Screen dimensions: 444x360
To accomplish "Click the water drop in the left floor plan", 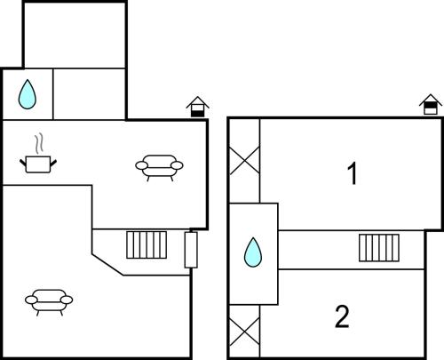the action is pos(28,94).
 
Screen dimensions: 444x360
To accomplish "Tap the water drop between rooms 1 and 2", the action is pos(253,252).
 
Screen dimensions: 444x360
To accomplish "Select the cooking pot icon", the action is pos(38,164).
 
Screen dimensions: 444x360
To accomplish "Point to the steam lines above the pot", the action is pos(39,144).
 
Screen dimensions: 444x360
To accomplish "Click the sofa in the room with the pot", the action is pos(159,167).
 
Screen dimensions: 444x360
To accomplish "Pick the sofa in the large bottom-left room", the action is pos(49,302).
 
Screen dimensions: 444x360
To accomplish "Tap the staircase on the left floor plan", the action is pos(147,245).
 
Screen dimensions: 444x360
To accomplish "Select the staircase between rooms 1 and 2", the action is pos(379,248).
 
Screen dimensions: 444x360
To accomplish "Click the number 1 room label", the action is pos(353,173).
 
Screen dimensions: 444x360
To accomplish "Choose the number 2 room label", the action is pos(342,316).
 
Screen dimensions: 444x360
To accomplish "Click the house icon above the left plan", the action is pos(197,107).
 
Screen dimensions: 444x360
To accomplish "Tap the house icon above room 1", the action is pos(431,104).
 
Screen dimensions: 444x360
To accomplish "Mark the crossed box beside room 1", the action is pos(245,161).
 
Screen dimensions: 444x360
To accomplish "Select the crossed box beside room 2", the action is pos(245,332).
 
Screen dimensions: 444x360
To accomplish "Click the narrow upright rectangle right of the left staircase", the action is pos(191,250).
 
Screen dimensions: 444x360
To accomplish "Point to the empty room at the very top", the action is pos(75,36).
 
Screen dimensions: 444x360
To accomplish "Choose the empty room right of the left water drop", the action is pos(89,94).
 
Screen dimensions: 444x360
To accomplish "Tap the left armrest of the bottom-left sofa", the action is pos(31,300).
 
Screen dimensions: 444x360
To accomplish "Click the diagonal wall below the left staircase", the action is pos(107,265).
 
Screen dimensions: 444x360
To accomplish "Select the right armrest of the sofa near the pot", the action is pos(177,165).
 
